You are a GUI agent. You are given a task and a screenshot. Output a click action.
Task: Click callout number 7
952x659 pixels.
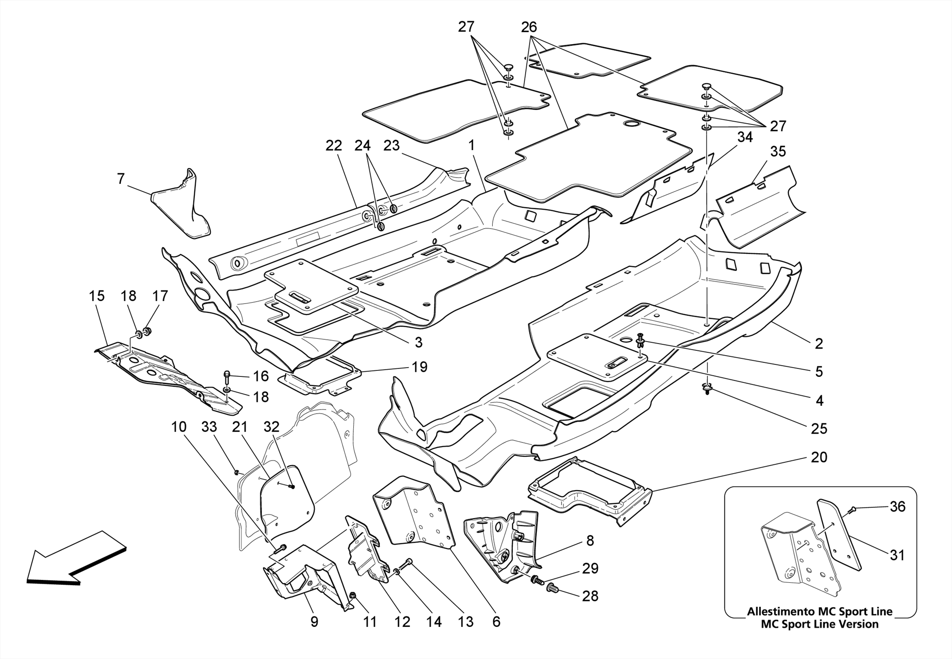click(x=121, y=179)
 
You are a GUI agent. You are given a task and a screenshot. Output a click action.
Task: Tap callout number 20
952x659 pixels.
click(x=819, y=457)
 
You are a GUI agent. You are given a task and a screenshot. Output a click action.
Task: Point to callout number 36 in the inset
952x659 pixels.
click(x=898, y=506)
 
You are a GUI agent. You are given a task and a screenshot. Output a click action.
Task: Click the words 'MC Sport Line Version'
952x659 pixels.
click(x=820, y=624)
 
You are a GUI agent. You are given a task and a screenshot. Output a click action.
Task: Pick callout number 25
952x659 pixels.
click(x=819, y=428)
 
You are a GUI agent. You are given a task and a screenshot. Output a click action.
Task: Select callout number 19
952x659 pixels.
click(x=419, y=367)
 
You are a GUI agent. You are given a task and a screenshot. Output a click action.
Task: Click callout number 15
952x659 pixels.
click(x=97, y=296)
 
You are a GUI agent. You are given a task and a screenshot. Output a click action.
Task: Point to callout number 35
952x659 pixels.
click(x=778, y=152)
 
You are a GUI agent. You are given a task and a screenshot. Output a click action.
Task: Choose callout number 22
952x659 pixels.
click(x=334, y=146)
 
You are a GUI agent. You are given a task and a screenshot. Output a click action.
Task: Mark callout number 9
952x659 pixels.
click(x=314, y=622)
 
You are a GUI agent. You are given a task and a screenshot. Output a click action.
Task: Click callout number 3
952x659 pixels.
click(x=418, y=343)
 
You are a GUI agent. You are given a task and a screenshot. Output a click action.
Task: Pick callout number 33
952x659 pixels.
click(x=209, y=427)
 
